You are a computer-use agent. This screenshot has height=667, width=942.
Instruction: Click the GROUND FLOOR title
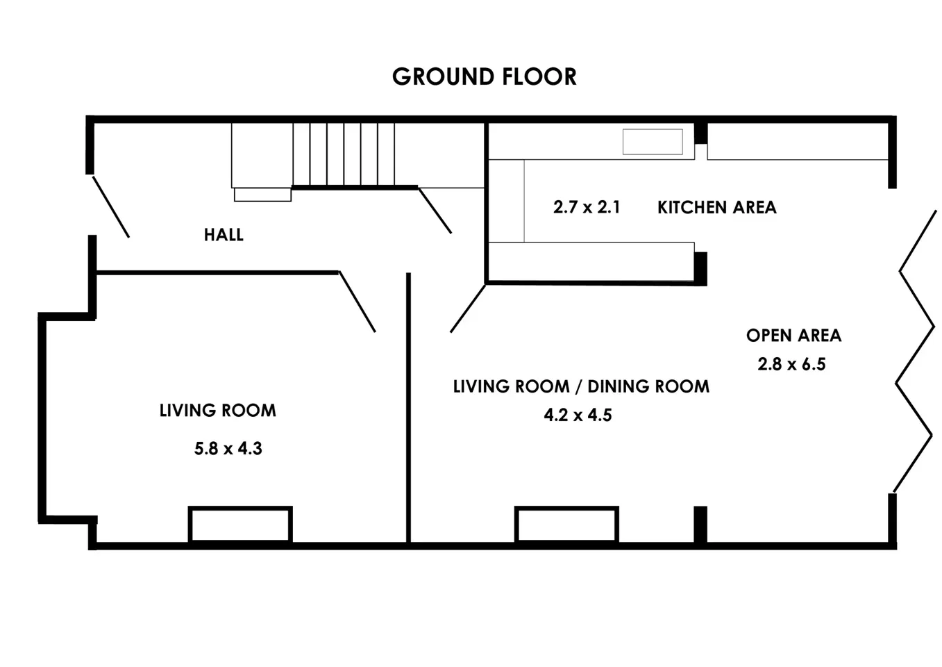coord(484,76)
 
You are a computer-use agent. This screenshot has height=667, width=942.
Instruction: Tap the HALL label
coord(224,235)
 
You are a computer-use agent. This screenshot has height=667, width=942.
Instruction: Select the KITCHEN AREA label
coord(716,208)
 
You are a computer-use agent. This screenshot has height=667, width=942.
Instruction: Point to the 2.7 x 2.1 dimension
coord(587,207)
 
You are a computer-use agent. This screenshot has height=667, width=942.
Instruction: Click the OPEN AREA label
coord(793,336)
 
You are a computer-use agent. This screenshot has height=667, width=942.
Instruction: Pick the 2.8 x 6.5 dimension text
coord(791,364)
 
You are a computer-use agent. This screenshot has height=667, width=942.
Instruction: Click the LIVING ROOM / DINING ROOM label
coord(581,386)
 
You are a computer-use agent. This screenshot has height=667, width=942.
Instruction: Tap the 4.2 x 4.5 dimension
coord(578,415)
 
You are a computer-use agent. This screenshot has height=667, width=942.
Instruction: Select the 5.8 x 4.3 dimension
coord(228,449)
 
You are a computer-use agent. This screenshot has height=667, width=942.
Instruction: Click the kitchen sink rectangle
coord(653,142)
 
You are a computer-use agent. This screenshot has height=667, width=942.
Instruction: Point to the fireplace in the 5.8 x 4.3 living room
coord(240,525)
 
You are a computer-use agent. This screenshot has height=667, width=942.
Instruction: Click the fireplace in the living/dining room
coord(566,525)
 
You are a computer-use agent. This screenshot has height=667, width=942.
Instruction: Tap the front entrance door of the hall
coord(111,207)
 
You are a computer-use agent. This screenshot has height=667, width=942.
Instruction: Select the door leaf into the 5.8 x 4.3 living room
coord(358,302)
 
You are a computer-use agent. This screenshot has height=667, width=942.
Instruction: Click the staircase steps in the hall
coord(344,154)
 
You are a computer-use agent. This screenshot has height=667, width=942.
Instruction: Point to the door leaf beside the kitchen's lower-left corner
coord(468,308)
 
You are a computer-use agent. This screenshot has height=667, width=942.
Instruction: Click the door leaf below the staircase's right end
coord(435,211)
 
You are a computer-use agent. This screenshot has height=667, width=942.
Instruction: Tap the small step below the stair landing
coord(263,195)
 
